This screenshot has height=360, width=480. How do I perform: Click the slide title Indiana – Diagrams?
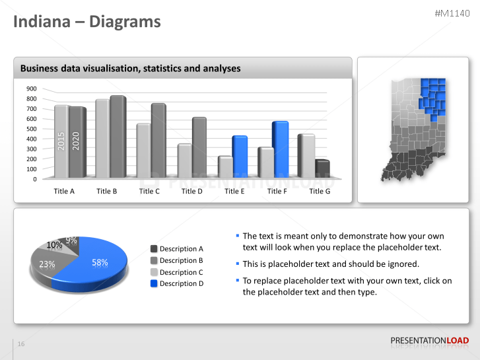(x=87, y=22)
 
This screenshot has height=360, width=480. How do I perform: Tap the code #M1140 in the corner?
(x=453, y=14)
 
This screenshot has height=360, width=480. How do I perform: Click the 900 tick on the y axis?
(x=32, y=89)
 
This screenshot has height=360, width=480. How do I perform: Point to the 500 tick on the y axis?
(x=32, y=129)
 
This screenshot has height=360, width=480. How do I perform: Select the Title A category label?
(x=64, y=191)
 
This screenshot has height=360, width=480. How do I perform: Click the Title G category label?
(x=320, y=191)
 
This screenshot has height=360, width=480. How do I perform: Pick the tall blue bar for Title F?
(x=281, y=149)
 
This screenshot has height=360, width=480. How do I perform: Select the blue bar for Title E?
(x=240, y=157)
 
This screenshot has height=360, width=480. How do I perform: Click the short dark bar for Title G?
(x=322, y=169)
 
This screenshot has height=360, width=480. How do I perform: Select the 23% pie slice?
(x=47, y=264)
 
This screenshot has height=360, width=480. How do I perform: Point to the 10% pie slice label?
(x=54, y=245)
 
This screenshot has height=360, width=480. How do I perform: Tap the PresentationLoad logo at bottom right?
(x=429, y=340)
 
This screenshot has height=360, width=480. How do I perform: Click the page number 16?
(x=21, y=344)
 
